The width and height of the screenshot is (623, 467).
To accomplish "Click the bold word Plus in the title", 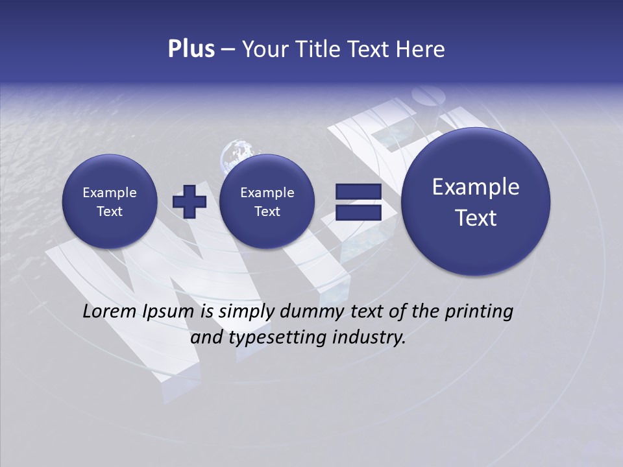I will pyautogui.click(x=191, y=49).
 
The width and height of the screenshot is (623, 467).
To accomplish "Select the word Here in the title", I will pyautogui.click(x=422, y=49).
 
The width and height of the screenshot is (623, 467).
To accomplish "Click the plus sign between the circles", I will pyautogui.click(x=189, y=201).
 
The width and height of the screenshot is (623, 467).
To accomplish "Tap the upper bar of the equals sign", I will pyautogui.click(x=358, y=192).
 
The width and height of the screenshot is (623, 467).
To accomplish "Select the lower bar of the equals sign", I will pyautogui.click(x=358, y=212).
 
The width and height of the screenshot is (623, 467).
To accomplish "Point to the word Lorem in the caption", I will pyautogui.click(x=110, y=311).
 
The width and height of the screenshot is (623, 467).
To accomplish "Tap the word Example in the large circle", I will pyautogui.click(x=476, y=187).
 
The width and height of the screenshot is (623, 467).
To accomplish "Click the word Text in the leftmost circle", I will pyautogui.click(x=109, y=211).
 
